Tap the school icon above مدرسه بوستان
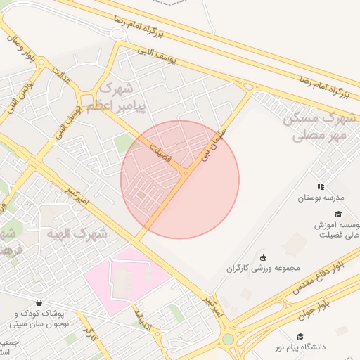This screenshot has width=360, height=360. click(321, 186)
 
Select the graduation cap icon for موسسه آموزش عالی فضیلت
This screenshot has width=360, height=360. click(338, 214)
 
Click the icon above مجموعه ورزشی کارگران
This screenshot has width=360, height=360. click(264, 257)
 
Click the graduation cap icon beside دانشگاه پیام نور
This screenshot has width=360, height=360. click(301, 337)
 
